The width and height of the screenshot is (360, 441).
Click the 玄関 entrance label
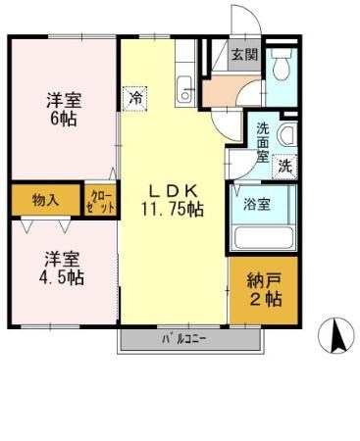244,55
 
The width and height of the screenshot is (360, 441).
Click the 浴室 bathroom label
257,206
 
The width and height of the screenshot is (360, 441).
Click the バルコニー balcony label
191,340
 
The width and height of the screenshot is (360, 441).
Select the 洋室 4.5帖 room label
63,268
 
